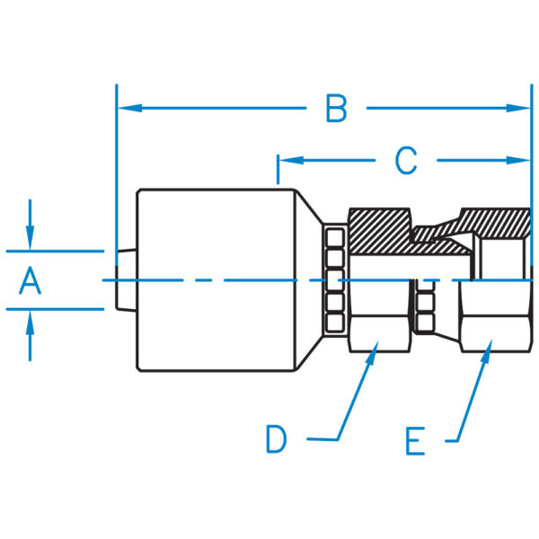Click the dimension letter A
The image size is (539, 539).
(x=31, y=281)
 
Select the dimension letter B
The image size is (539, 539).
(x=336, y=108)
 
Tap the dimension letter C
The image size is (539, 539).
(x=406, y=160)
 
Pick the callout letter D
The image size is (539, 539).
(x=277, y=439)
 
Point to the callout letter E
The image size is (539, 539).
(x=416, y=441)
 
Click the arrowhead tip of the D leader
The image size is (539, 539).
(x=378, y=341)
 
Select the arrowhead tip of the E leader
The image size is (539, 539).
(x=492, y=340)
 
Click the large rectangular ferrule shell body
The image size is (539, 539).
(x=216, y=280)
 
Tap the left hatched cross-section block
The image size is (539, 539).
(x=379, y=231)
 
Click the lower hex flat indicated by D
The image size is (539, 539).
(x=379, y=334)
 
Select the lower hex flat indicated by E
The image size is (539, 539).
(x=495, y=334)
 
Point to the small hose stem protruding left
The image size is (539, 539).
(x=126, y=280)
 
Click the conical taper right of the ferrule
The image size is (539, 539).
(x=309, y=280)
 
